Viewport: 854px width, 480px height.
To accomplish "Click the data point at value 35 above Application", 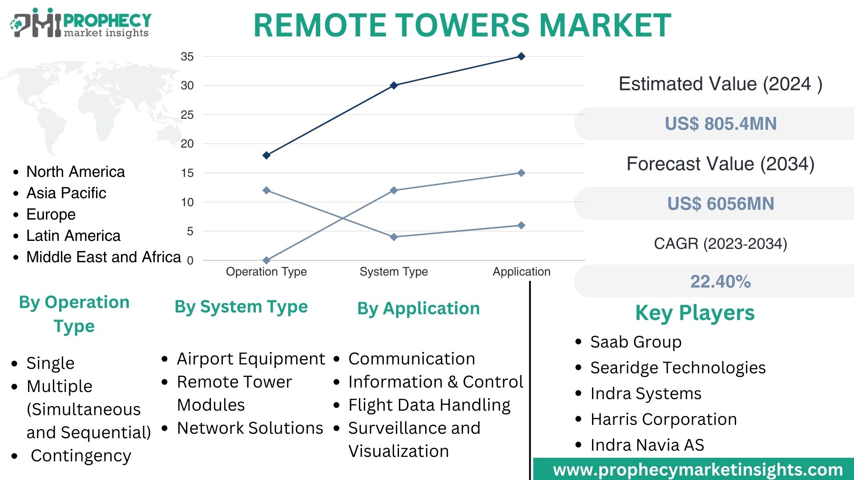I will pos(521,56).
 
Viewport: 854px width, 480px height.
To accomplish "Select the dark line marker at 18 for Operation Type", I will pos(266,155).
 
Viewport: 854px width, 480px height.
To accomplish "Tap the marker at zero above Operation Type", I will pos(266,260).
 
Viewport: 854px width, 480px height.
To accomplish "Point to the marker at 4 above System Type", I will pos(394,237).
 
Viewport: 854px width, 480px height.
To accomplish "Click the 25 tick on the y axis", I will pos(187,115).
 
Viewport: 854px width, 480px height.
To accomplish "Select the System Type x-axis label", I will pos(394,272).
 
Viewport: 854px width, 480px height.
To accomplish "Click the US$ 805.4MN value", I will pos(720,124).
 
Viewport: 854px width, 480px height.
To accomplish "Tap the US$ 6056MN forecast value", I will pos(720,204).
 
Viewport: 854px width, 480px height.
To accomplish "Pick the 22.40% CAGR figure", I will pos(720,281).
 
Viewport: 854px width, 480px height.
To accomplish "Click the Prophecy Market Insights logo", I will pos(80,23).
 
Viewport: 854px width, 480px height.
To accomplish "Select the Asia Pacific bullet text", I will pos(66,193).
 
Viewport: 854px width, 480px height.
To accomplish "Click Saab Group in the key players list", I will pos(636,342).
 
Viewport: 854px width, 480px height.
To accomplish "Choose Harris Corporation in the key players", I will pos(663,419).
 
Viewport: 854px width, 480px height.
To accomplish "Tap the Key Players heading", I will pos(695,313).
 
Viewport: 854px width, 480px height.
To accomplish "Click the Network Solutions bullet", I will pos(250,428).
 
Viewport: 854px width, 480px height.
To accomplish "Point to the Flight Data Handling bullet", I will pos(429,405).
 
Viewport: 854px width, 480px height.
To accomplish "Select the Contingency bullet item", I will pos(81,456).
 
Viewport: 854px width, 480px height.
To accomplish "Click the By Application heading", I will pos(418,308).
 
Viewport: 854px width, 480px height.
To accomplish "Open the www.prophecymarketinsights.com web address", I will pos(697,470).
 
